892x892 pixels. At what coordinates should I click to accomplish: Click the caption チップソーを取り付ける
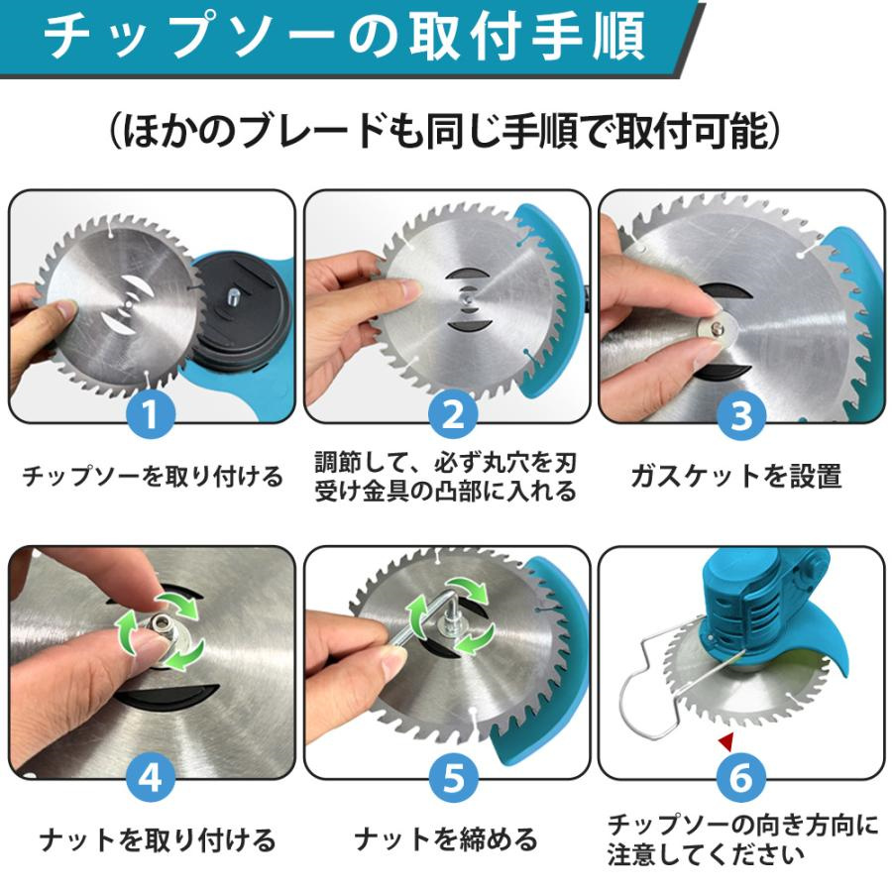pyautogui.click(x=153, y=476)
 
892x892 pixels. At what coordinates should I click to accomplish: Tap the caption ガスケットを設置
pyautogui.click(x=736, y=476)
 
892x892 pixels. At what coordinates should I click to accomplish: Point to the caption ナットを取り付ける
pyautogui.click(x=158, y=839)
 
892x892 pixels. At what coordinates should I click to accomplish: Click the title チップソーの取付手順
pyautogui.click(x=345, y=37)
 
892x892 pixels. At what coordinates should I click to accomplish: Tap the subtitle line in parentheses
pyautogui.click(x=444, y=131)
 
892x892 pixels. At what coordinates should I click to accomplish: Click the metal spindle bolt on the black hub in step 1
pyautogui.click(x=234, y=295)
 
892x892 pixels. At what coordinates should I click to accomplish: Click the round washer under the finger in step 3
pyautogui.click(x=715, y=329)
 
